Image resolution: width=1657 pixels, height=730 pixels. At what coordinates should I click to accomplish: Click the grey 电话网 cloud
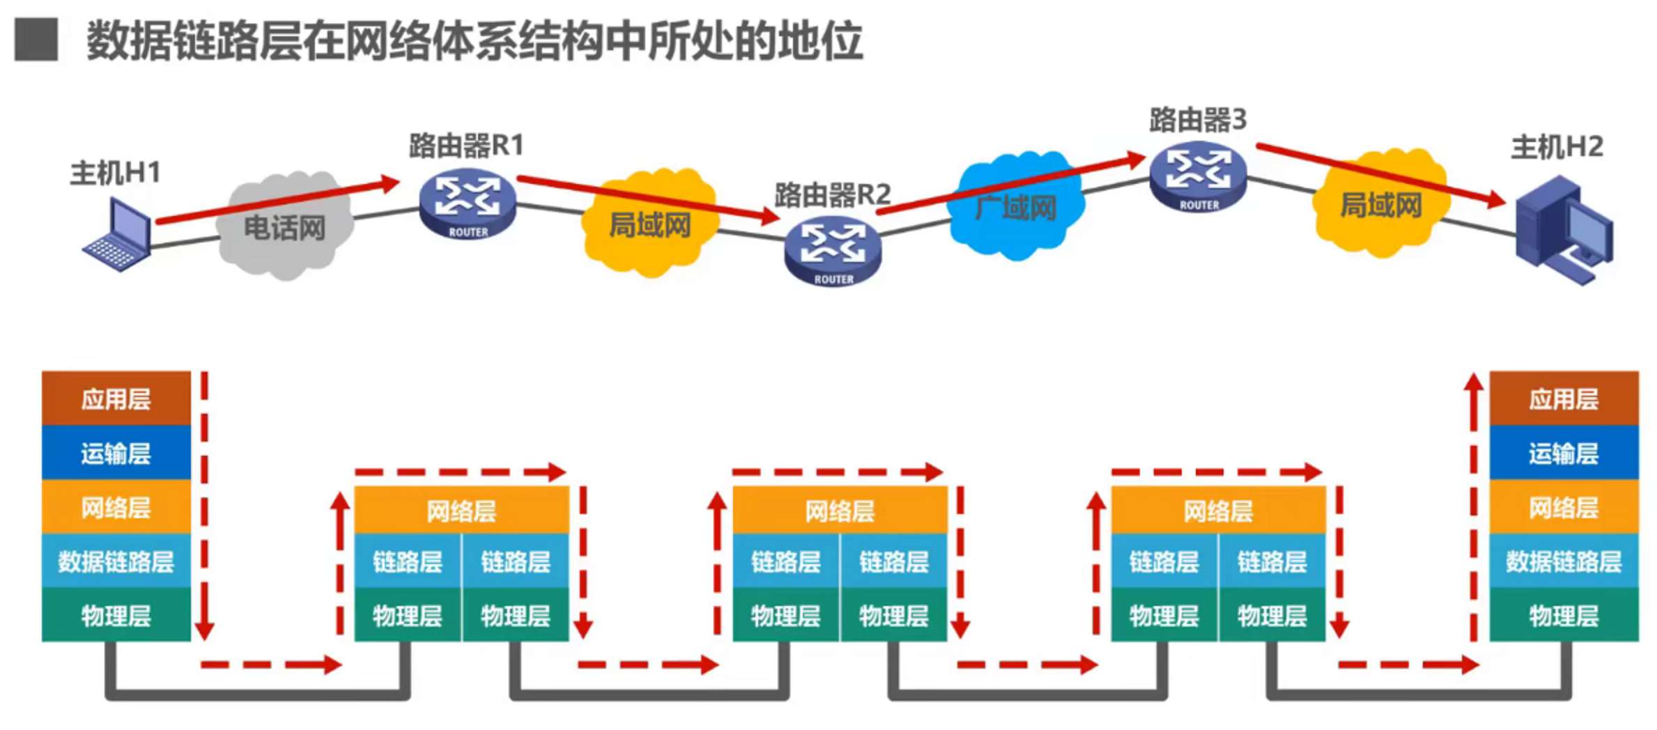pos(284,228)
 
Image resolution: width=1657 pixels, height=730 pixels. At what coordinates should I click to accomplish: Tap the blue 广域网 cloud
pos(1016,207)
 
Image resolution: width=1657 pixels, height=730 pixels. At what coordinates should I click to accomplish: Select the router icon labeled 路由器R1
pos(468,204)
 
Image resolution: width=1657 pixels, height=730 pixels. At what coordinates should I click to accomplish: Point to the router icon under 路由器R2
pos(833,251)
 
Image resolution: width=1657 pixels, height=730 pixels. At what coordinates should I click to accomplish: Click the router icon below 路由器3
pos(1198,177)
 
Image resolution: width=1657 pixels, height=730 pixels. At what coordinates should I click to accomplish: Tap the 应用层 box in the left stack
pos(116,398)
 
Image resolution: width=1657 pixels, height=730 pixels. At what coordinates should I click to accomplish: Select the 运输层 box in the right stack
pos(1563,453)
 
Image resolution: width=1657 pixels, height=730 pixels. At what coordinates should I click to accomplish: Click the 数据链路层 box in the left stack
pos(116,561)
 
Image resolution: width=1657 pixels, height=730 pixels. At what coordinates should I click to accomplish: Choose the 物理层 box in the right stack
pos(1563,615)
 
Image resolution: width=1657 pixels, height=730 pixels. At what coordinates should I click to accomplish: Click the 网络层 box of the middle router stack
pos(840,511)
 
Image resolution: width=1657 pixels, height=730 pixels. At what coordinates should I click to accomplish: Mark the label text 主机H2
pos(1556,148)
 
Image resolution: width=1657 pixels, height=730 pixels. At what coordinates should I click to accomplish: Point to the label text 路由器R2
pos(833,194)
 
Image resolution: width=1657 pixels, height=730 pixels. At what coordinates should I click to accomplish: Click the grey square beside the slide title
pos(36,40)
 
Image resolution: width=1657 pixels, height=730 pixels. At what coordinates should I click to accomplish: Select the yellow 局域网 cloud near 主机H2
pos(1380,205)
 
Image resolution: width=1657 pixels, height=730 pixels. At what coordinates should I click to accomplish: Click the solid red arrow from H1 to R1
pos(279,202)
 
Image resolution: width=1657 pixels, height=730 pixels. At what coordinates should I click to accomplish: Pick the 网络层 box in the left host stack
pos(116,507)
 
